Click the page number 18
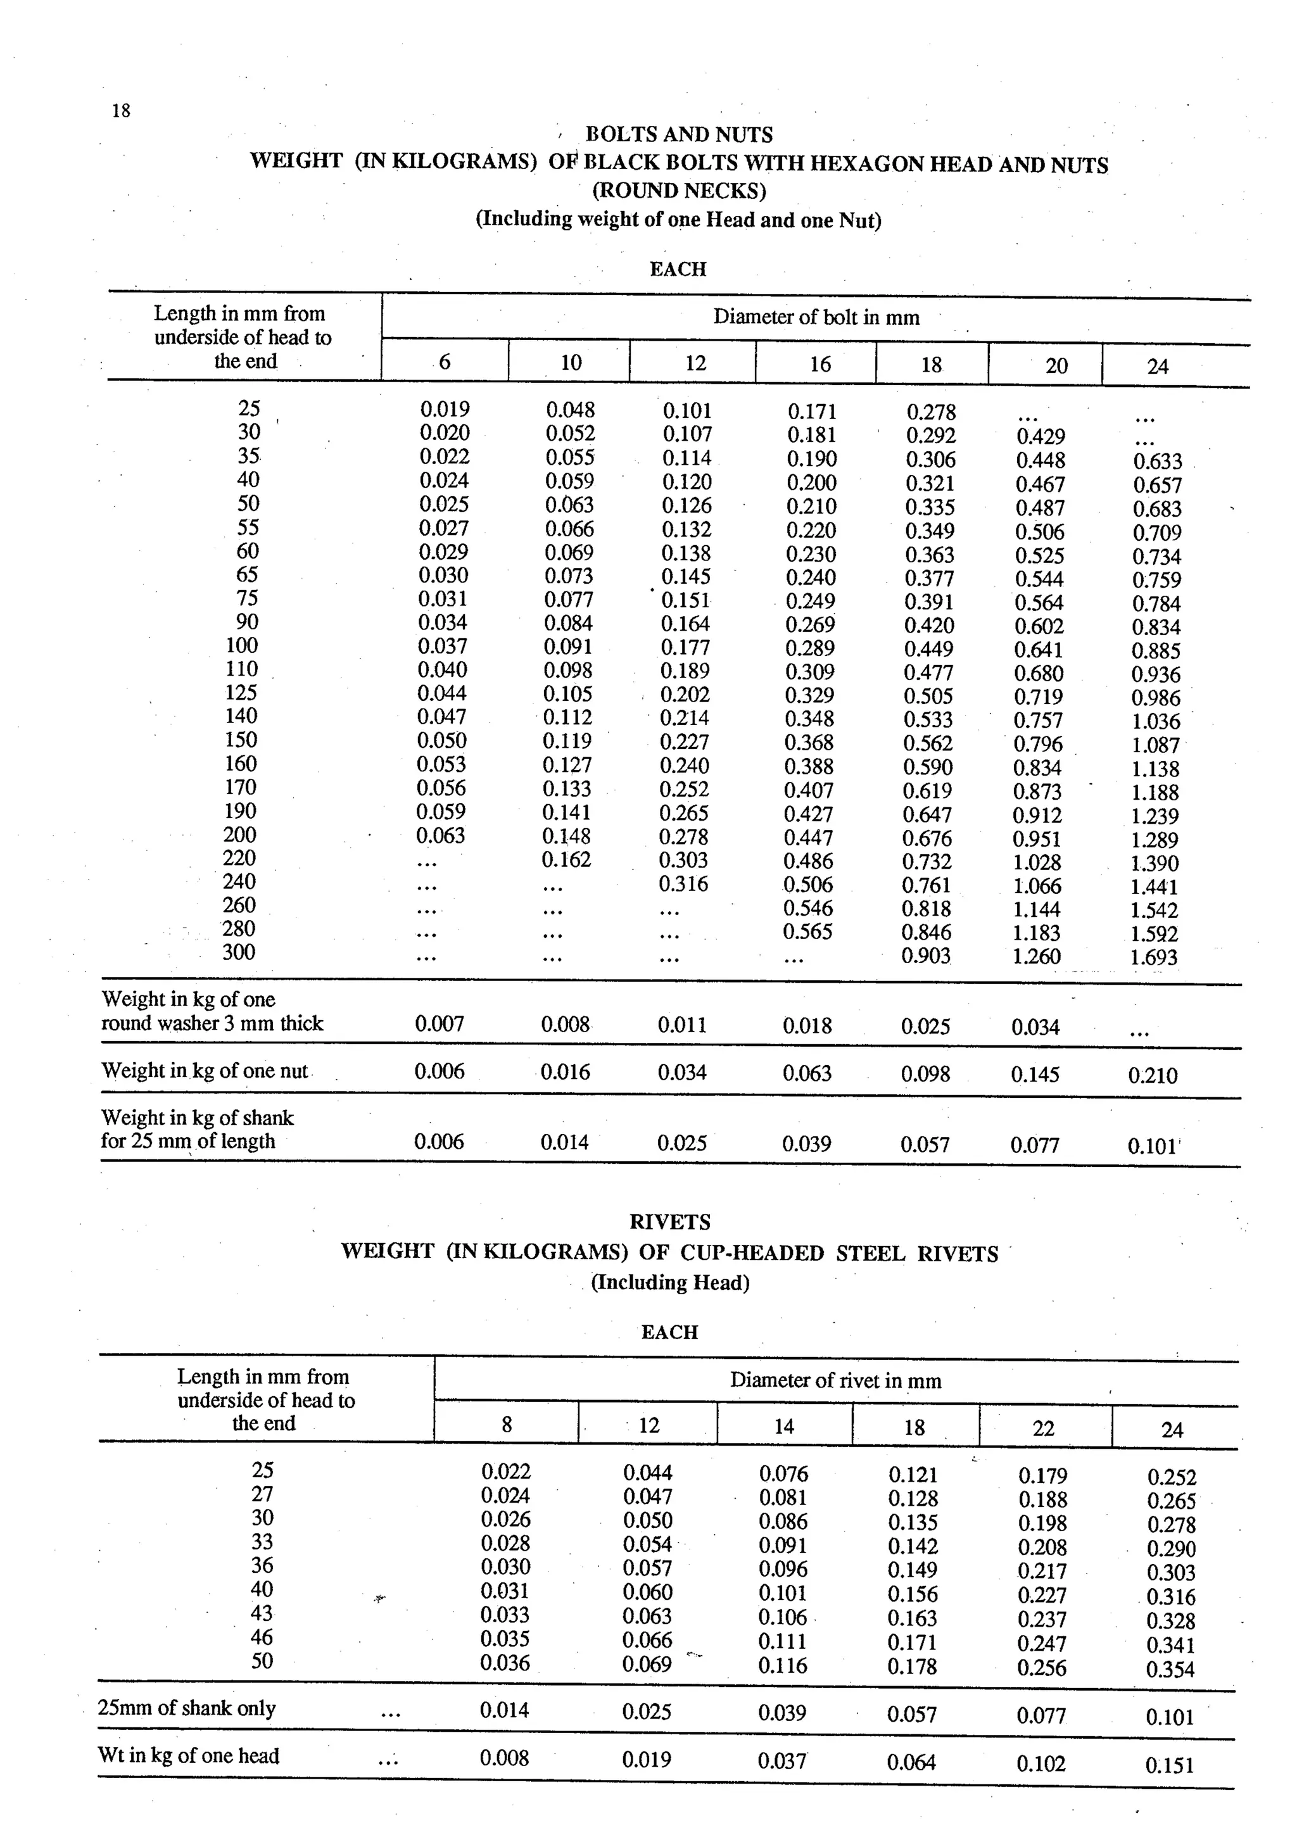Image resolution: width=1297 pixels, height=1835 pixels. pos(121,110)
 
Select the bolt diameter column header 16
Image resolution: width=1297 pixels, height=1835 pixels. pos(820,365)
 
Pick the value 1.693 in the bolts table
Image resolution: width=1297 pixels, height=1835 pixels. pos(1154,957)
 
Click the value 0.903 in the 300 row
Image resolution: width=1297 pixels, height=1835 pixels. pos(925,956)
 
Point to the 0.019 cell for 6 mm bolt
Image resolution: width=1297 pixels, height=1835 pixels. pos(445,409)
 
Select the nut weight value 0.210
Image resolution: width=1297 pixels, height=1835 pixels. pos(1153,1076)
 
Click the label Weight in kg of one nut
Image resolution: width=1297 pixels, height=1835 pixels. pos(205,1071)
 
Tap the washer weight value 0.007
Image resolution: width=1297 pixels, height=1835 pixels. pos(440,1024)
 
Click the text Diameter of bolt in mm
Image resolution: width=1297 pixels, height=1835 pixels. pos(816,317)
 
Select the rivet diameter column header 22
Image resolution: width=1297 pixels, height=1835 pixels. pos(1043,1428)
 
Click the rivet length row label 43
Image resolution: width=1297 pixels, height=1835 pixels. pos(262,1613)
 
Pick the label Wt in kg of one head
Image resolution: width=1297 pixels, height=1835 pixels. pos(189,1756)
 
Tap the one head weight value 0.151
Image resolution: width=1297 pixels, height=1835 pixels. pos(1169,1765)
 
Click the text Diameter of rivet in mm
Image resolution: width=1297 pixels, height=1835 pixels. pos(835,1380)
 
